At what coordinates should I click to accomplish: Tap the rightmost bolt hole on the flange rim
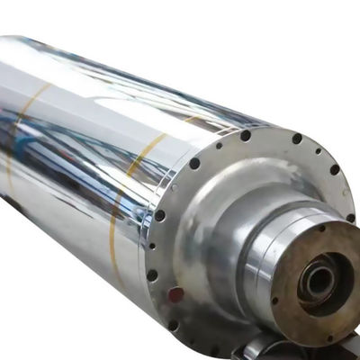point(350,217)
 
